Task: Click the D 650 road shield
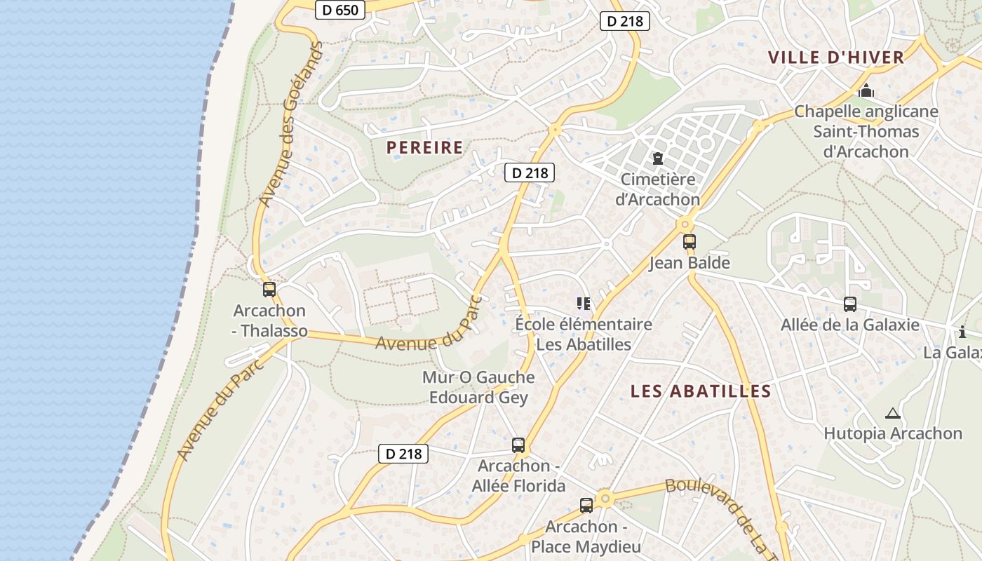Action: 340,10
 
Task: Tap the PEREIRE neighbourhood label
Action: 425,147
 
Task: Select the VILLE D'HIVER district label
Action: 836,58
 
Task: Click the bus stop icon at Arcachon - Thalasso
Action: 269,289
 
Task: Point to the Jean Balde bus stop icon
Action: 690,242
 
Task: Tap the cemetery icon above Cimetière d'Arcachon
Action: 658,159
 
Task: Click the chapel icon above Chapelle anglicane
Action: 866,91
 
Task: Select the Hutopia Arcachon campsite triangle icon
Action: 892,413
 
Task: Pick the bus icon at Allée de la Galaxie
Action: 850,304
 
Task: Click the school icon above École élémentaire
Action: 584,303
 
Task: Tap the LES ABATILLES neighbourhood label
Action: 701,391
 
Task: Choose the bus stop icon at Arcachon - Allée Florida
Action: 518,445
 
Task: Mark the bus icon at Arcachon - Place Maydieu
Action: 586,505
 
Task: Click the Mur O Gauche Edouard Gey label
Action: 478,387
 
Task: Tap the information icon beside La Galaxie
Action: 962,332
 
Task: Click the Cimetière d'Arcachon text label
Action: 658,189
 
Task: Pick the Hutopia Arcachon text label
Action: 892,433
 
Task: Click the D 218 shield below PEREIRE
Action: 530,173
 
